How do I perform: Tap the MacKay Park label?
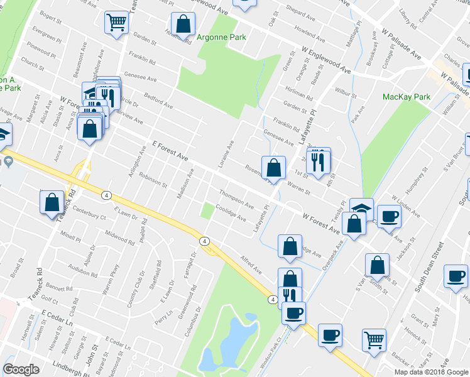click(407, 97)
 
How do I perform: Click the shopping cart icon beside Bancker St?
click(374, 339)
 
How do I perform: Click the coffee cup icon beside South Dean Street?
click(456, 275)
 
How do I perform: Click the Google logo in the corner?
click(21, 370)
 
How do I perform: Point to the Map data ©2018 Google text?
click(430, 372)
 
